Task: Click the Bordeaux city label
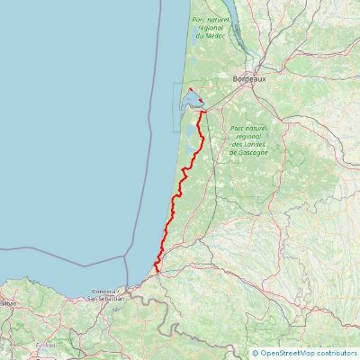[x=249, y=79]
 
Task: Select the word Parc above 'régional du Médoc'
[x=198, y=19]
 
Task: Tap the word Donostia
[x=107, y=292]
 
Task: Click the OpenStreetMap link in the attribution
[x=290, y=353]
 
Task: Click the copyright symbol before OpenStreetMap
[x=256, y=353]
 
